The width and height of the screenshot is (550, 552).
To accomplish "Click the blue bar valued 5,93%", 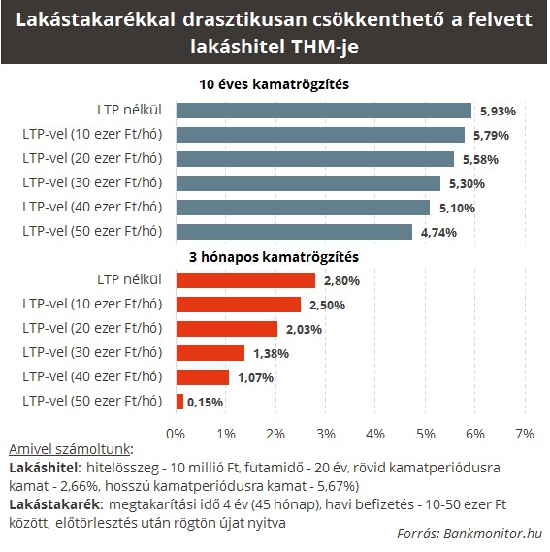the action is tap(324, 111).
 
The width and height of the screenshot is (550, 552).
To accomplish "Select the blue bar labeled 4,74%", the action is tap(294, 232).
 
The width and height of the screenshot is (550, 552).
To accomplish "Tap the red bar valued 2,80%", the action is tap(245, 280).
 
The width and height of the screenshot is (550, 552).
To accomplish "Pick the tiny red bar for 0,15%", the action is tap(179, 402).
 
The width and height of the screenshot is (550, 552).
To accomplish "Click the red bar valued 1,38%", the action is tap(210, 353).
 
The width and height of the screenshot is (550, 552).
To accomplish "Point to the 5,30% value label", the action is tap(467, 183).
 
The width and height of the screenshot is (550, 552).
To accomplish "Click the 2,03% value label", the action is tap(304, 330).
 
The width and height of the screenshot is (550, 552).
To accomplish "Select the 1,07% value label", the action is tap(256, 378).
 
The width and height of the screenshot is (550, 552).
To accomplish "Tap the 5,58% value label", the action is tap(480, 160).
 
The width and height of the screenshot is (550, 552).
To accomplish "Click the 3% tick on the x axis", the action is tap(326, 434).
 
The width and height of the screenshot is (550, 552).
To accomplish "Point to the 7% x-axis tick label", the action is tap(525, 434).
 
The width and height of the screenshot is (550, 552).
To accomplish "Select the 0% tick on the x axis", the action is tap(176, 434).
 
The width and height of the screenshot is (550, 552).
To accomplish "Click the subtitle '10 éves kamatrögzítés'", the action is tap(274, 84).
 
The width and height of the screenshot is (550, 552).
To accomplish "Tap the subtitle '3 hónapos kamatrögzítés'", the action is tap(274, 257).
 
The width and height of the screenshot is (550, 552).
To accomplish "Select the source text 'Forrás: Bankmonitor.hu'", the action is tap(469, 534).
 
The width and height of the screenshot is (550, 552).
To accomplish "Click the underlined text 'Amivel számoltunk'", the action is tap(70, 449).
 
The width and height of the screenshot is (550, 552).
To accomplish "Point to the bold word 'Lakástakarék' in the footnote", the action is tap(54, 504).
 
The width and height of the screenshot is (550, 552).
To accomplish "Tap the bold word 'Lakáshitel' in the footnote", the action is tap(44, 468).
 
